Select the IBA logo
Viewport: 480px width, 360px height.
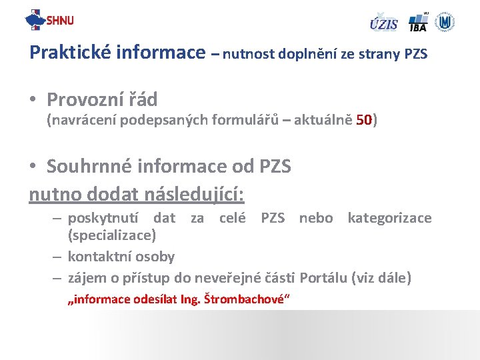(418, 22)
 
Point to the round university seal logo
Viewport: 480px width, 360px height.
(445, 21)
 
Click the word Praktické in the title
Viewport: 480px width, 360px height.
(72, 52)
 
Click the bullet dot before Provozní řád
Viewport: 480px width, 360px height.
(33, 101)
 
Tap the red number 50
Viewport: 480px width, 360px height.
(365, 121)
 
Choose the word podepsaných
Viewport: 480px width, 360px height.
(152, 121)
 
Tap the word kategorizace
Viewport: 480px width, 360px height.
(389, 218)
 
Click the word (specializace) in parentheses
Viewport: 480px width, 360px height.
(112, 235)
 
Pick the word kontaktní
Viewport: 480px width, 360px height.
(98, 257)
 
